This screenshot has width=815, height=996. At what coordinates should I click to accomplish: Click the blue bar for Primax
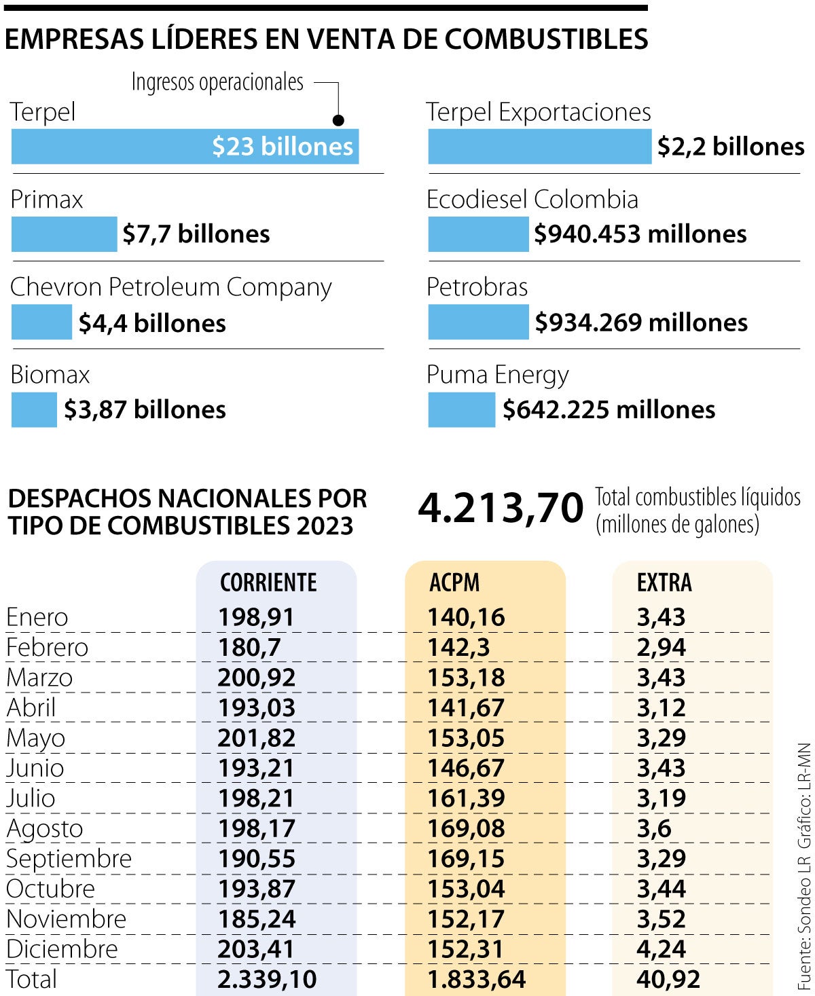click(x=64, y=234)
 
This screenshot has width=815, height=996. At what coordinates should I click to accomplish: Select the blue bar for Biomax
click(x=34, y=410)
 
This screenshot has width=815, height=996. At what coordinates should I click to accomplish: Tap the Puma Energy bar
click(x=461, y=410)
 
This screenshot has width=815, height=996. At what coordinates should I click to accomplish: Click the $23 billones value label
click(x=282, y=147)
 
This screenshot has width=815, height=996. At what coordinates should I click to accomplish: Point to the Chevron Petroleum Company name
click(x=170, y=287)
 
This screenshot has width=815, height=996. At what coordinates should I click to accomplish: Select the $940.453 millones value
click(x=640, y=234)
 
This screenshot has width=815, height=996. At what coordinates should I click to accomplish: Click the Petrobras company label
click(x=477, y=287)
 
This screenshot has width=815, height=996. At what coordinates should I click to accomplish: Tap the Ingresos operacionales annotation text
click(x=217, y=82)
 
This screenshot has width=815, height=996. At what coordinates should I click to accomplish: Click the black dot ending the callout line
click(x=338, y=120)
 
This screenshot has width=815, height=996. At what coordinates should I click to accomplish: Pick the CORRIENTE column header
click(x=268, y=583)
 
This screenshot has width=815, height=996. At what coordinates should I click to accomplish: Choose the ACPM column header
click(x=454, y=583)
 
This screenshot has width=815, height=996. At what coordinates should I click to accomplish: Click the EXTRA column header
click(x=664, y=583)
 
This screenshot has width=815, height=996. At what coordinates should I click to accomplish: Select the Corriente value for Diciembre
click(x=256, y=949)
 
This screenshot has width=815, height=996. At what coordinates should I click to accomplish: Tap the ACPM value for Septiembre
click(x=466, y=859)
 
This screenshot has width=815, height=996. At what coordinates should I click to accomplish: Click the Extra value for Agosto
click(x=653, y=828)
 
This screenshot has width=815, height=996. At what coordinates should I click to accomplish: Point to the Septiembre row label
click(x=69, y=859)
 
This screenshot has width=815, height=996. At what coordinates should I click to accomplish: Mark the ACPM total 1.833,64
click(x=476, y=979)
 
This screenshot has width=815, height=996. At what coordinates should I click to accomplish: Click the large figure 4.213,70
click(x=501, y=508)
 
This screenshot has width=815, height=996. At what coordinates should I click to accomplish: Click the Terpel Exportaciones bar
click(x=539, y=147)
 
